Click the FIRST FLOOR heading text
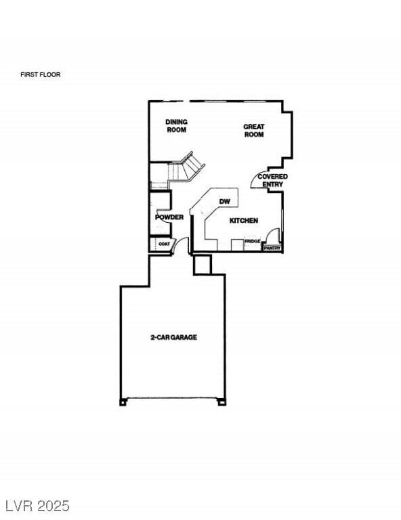(x=41, y=74)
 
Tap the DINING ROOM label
(x=176, y=126)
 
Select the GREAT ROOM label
(x=254, y=130)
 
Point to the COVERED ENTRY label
(x=272, y=180)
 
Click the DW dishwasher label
(x=225, y=202)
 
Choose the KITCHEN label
(x=243, y=221)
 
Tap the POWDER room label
(x=169, y=217)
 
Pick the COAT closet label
(x=164, y=244)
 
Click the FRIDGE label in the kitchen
(x=253, y=242)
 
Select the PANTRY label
(x=272, y=248)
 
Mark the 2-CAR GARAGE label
(x=173, y=337)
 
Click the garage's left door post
(x=123, y=402)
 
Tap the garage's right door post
(x=221, y=402)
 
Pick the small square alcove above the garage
(x=203, y=264)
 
